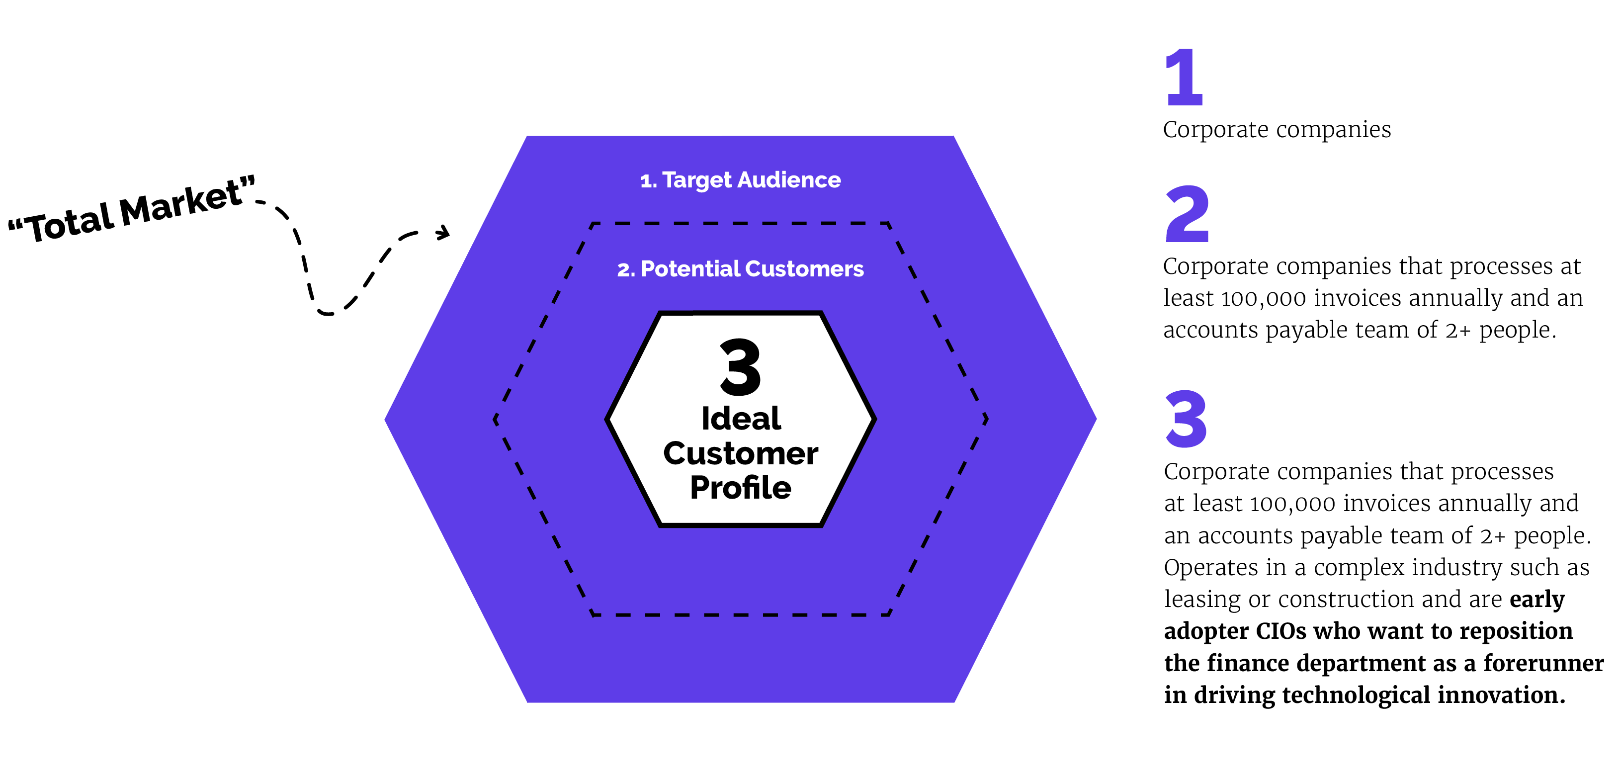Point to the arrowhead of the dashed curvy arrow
tap(444, 233)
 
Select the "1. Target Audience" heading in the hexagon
tap(740, 180)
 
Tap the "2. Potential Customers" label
tap(740, 269)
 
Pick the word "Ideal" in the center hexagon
tap(741, 419)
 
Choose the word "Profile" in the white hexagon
tap(740, 488)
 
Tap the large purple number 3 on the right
tap(1186, 419)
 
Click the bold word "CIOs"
tap(1280, 631)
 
